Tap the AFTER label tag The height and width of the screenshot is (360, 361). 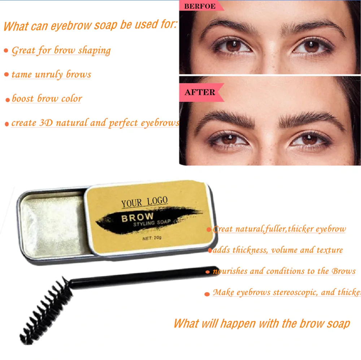click(200, 92)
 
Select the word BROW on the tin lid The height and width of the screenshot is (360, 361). click(137, 218)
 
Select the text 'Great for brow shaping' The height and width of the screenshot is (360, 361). click(61, 50)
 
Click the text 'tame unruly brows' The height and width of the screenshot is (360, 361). click(51, 74)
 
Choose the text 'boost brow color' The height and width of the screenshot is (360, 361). click(47, 99)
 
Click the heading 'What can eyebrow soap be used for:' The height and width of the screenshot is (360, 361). click(90, 26)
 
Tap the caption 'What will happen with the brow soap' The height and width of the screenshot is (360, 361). click(261, 323)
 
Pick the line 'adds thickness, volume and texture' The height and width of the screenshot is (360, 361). click(278, 250)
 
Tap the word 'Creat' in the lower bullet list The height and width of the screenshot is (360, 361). click(223, 229)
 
